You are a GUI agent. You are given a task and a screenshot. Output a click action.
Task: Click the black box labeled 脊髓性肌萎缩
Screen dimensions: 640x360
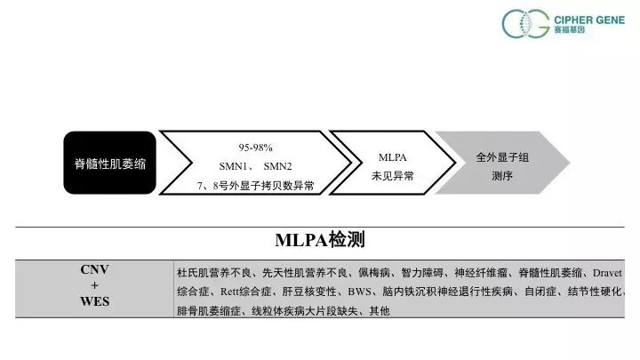click(109, 164)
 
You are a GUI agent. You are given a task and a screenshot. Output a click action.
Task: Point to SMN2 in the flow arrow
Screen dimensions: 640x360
click(277, 166)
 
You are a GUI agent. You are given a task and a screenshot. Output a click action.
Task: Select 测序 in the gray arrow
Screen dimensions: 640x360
click(502, 176)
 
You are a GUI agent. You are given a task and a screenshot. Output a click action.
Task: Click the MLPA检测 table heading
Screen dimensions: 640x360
click(320, 240)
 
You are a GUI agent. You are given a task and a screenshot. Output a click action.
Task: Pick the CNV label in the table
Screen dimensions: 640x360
click(95, 269)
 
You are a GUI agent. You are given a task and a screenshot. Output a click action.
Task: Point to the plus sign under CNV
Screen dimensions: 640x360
click(95, 285)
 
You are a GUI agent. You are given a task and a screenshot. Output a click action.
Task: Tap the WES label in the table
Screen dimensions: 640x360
click(95, 301)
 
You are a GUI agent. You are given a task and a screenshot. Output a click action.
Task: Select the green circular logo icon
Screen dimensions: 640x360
click(520, 24)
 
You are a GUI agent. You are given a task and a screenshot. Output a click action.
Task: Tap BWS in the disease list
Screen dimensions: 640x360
click(361, 292)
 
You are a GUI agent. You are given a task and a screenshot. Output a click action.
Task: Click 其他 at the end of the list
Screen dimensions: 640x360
click(378, 312)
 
